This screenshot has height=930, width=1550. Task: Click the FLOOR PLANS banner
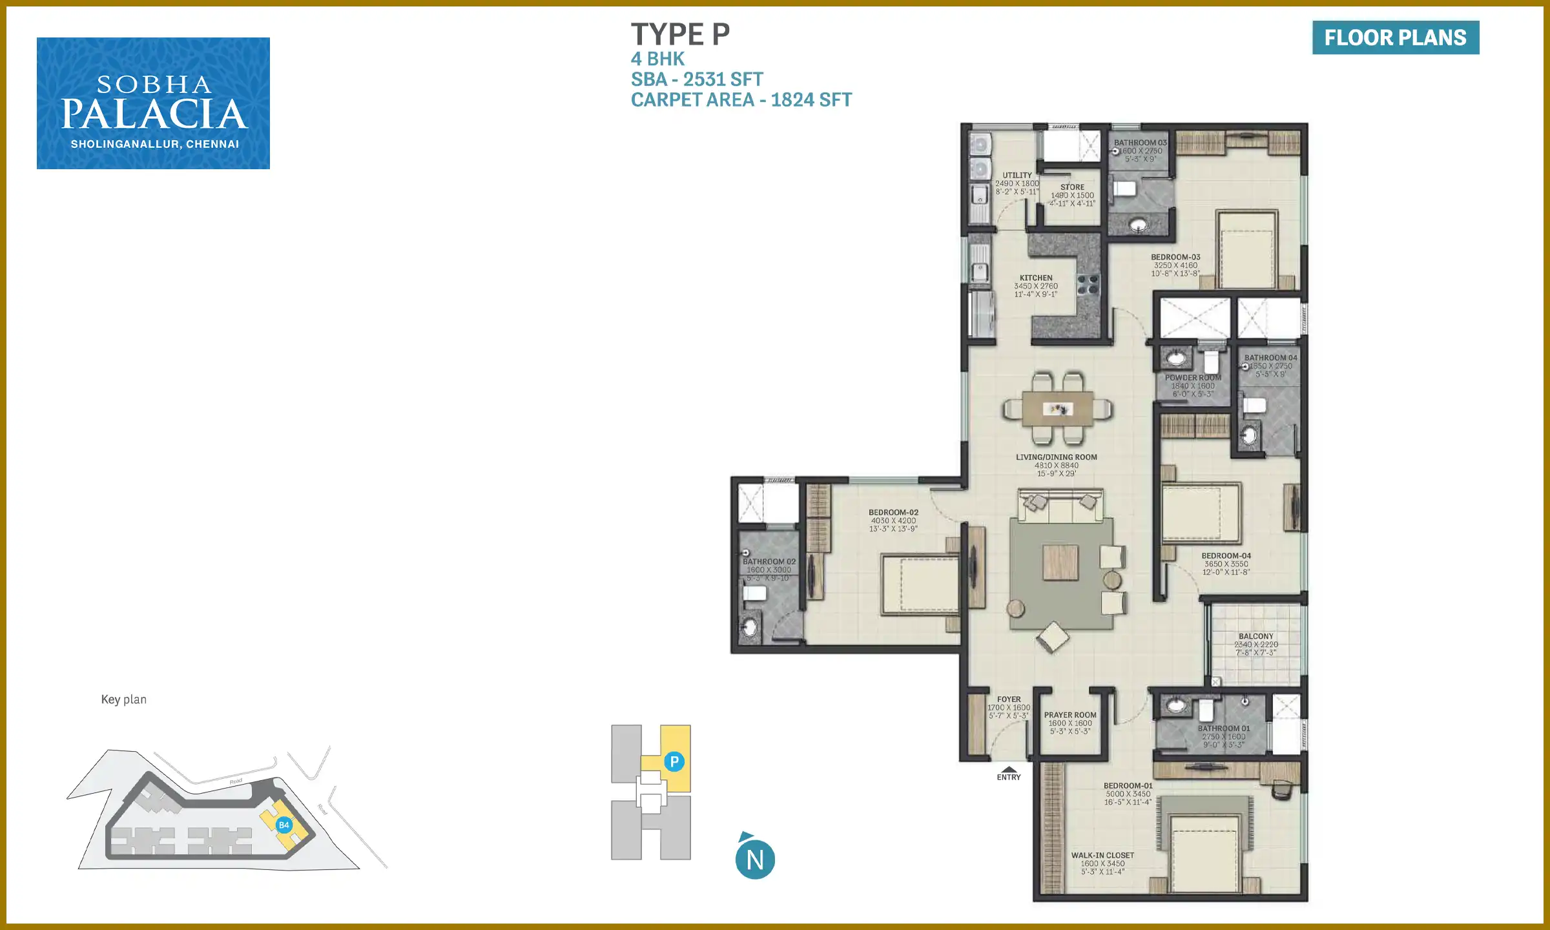[x=1395, y=37]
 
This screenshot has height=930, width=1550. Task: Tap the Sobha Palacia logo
[x=153, y=103]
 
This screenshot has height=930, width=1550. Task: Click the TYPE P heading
[x=680, y=35]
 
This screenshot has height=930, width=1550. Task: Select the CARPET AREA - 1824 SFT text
[x=741, y=100]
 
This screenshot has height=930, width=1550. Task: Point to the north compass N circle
[x=755, y=860]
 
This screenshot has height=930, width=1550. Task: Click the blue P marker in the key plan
[x=674, y=761]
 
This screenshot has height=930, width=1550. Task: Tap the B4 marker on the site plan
[x=284, y=825]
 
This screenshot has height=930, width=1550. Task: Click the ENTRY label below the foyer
[x=1009, y=777]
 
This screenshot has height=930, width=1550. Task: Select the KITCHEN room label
[x=1036, y=278]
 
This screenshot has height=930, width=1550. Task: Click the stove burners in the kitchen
[x=1088, y=285]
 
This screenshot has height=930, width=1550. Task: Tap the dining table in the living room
[x=1058, y=409]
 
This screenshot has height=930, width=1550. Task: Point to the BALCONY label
[x=1256, y=637]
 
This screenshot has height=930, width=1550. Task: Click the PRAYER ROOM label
[x=1070, y=716]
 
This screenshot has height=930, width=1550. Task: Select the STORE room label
[x=1072, y=187]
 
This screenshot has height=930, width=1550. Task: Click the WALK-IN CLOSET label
[x=1102, y=856]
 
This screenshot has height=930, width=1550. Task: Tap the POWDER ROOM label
[x=1193, y=378]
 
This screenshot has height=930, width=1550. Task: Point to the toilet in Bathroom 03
[x=1124, y=189]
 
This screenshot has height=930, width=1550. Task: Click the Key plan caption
[x=124, y=699]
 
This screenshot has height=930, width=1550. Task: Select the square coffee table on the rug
[x=1060, y=563]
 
